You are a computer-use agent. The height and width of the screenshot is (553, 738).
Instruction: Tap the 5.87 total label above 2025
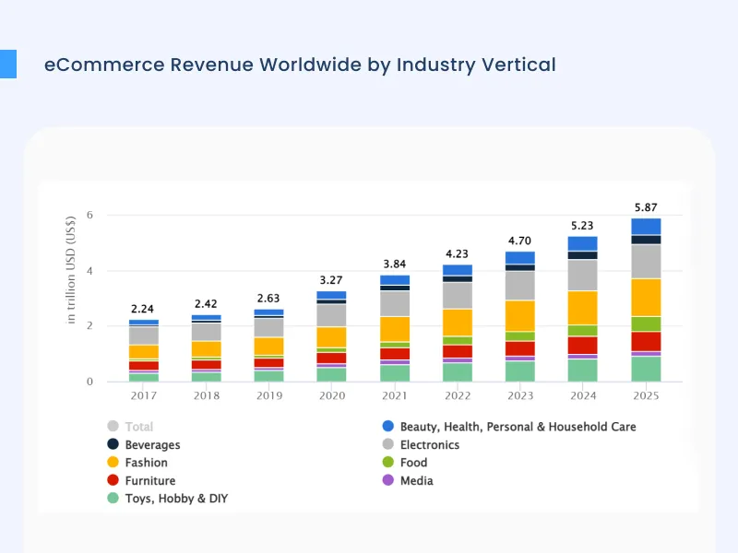click(646, 207)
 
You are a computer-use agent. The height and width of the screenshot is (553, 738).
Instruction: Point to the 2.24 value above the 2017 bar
click(143, 309)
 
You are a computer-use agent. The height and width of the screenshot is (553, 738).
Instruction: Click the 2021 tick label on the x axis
click(394, 397)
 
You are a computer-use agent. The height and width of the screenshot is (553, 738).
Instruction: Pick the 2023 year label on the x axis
click(519, 397)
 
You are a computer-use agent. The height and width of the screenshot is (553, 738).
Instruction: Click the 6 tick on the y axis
click(89, 216)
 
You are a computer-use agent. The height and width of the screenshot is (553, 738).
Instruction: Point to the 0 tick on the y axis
click(89, 382)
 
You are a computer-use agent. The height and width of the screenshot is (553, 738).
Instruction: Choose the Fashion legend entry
click(146, 463)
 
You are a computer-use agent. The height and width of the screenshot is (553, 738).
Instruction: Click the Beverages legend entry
click(152, 445)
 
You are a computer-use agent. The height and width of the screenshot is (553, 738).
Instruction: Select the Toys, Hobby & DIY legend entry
click(175, 499)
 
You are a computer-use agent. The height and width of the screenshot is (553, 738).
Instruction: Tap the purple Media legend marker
click(387, 480)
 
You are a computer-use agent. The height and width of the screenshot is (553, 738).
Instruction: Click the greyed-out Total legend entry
click(138, 427)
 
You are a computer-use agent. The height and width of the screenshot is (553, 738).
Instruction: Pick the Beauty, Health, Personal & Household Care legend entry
click(518, 427)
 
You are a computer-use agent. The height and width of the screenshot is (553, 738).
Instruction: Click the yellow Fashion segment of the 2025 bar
click(646, 297)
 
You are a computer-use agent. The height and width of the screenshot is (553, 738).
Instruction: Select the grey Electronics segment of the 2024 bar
click(582, 275)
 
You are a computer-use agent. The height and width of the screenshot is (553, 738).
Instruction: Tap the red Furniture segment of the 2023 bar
click(519, 348)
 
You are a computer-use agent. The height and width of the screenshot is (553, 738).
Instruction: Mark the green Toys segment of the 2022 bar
click(457, 371)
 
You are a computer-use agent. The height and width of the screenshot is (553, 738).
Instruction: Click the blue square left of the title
click(8, 64)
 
